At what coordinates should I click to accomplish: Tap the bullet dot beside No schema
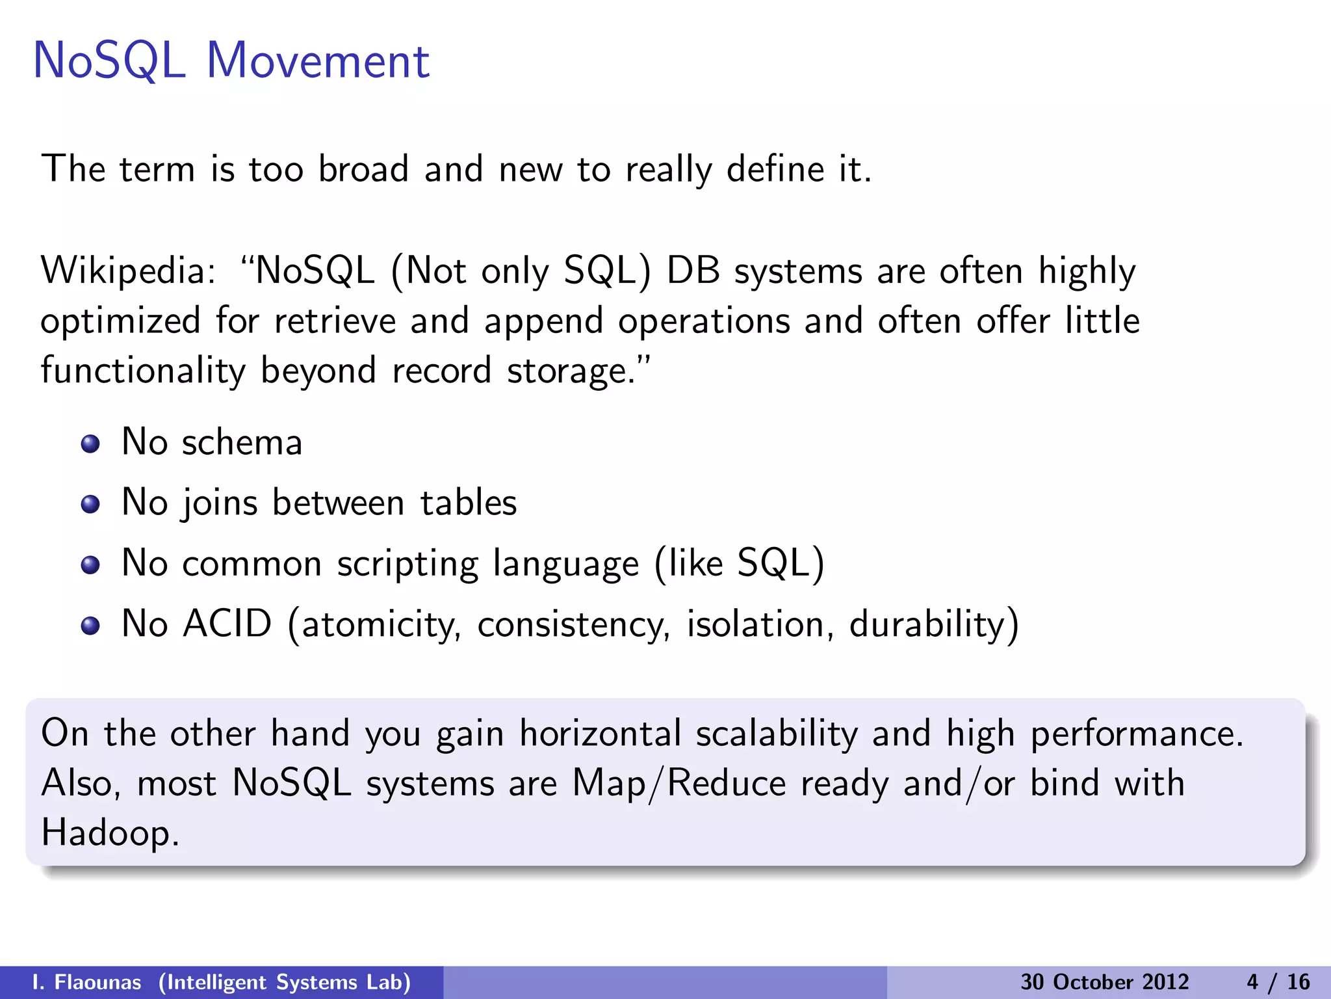click(90, 444)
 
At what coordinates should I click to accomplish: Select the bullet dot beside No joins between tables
click(90, 505)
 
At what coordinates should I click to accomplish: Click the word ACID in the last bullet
click(227, 624)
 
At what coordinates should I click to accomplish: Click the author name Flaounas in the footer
click(97, 982)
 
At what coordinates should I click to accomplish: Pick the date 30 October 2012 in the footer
click(1104, 982)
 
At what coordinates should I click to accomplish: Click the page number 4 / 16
click(1278, 982)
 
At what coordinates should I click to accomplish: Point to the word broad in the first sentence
click(363, 169)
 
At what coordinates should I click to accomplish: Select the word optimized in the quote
click(120, 321)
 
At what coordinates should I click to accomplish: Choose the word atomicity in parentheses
click(380, 624)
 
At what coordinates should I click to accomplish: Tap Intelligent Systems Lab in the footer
click(285, 982)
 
